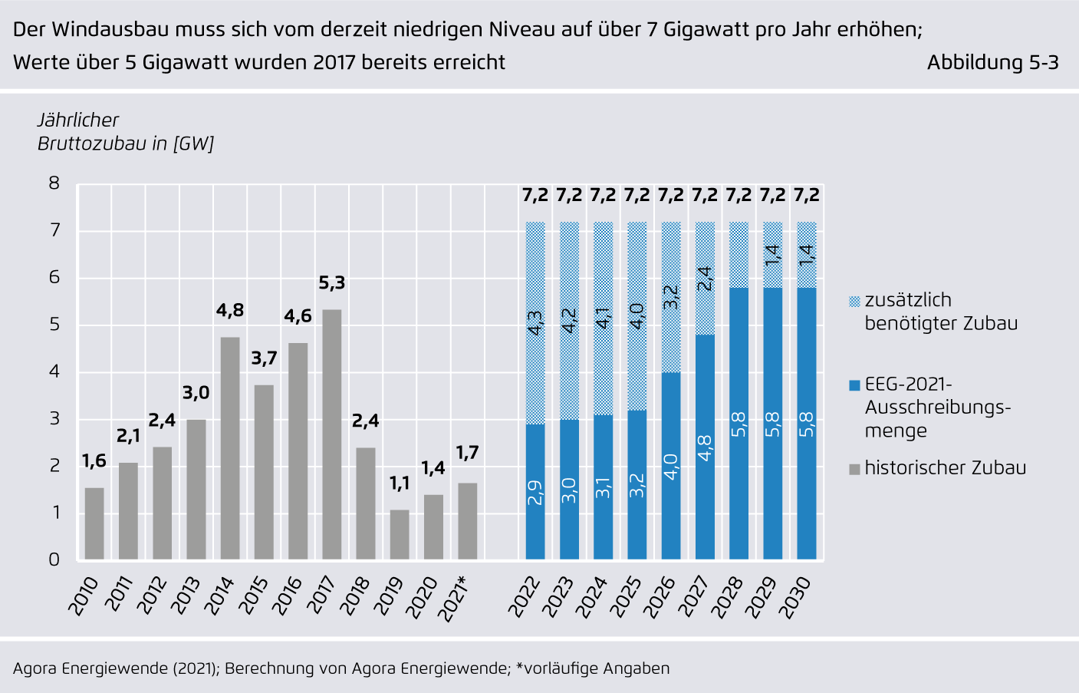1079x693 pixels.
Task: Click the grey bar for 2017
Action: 331,434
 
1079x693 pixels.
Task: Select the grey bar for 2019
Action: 400,535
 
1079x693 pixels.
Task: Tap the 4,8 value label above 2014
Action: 230,310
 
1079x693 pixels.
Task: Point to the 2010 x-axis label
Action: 84,596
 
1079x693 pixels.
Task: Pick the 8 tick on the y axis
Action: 54,183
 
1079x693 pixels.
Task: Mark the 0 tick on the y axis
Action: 54,559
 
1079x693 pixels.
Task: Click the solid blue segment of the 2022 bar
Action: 535,491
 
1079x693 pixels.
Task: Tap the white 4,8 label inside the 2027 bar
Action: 706,447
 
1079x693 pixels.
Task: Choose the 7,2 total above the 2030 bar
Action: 807,195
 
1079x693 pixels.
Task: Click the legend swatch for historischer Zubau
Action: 854,469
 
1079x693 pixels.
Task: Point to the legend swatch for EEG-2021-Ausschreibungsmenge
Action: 854,385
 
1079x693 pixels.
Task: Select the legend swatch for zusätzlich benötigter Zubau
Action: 854,301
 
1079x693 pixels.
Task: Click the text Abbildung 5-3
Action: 992,62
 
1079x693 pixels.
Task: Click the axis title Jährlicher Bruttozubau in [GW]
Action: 125,132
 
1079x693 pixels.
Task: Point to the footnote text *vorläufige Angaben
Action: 593,668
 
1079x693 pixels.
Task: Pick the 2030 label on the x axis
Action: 795,596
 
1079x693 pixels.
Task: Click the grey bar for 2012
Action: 162,503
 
